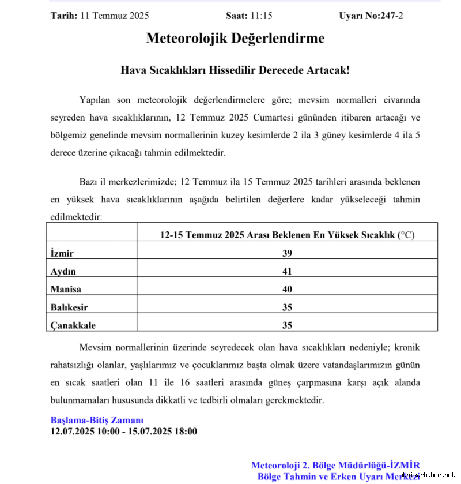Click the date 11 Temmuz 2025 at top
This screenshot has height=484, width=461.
(x=114, y=16)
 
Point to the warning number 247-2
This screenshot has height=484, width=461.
(x=392, y=16)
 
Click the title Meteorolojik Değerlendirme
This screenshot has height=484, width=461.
(x=235, y=39)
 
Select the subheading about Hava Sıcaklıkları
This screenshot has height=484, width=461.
(x=235, y=70)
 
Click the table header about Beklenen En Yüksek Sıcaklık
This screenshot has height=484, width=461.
(x=287, y=235)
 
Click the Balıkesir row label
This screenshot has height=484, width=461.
(x=69, y=307)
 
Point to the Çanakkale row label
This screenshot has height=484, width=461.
(x=73, y=325)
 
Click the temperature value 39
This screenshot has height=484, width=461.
(x=287, y=253)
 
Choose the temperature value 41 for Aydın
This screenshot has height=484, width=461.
(x=287, y=271)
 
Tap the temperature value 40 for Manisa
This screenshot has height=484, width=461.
(x=287, y=289)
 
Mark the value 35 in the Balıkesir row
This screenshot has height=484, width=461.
(x=287, y=307)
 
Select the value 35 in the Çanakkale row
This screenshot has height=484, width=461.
(x=287, y=325)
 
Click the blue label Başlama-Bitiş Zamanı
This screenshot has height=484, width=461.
(x=97, y=420)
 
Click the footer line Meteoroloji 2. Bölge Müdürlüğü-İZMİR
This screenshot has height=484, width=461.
(x=335, y=465)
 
